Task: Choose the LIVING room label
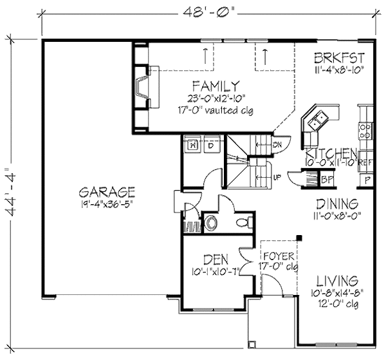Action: [337, 280]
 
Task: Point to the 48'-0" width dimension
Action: [204, 11]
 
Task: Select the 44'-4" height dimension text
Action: [12, 194]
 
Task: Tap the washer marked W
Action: [192, 146]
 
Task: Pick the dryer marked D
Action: [210, 146]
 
